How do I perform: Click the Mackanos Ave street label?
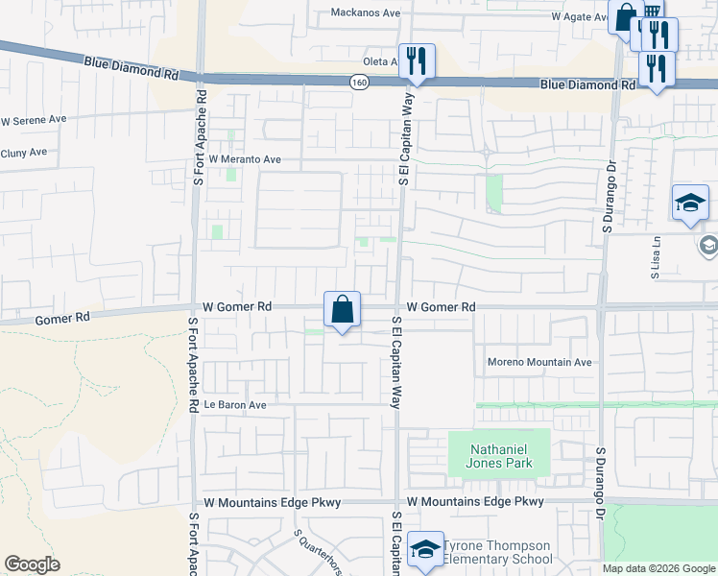click(365, 13)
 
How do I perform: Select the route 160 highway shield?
click(358, 83)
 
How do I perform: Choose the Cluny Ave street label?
click(24, 153)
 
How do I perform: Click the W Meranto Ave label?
click(245, 159)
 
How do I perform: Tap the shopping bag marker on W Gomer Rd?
click(343, 309)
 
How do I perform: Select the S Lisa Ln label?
click(658, 257)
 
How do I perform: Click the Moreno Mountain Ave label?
click(539, 363)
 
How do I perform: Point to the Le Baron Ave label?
click(235, 405)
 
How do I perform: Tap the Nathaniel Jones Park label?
click(499, 455)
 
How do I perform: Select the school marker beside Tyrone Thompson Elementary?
click(425, 548)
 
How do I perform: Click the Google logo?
click(33, 564)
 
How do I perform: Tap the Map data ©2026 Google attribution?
click(658, 568)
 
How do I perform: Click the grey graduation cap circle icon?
click(708, 245)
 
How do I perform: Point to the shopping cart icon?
click(651, 12)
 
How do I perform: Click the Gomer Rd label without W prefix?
click(62, 317)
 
